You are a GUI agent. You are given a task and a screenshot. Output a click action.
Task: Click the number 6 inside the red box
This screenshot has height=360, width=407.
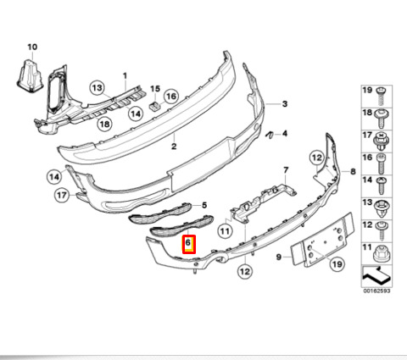pyautogui.click(x=188, y=242)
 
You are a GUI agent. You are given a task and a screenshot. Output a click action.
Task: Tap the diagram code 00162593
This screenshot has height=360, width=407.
pyautogui.click(x=376, y=291)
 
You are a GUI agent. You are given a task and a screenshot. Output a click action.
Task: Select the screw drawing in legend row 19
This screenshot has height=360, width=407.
pyautogui.click(x=382, y=97)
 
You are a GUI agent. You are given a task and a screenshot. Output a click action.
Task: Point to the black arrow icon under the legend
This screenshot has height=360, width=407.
pyautogui.click(x=376, y=276)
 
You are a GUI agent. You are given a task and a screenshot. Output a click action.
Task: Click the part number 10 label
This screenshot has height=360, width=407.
pyautogui.click(x=32, y=47)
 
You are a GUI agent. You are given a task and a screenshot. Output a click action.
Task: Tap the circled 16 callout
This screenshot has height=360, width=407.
pyautogui.click(x=170, y=97)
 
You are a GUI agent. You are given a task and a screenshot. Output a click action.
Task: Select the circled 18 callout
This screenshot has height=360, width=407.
pyautogui.click(x=104, y=124)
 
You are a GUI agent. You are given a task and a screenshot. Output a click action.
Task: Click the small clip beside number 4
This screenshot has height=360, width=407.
pyautogui.click(x=269, y=135)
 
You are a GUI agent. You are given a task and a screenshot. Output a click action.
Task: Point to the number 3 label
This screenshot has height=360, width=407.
pyautogui.click(x=285, y=104)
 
